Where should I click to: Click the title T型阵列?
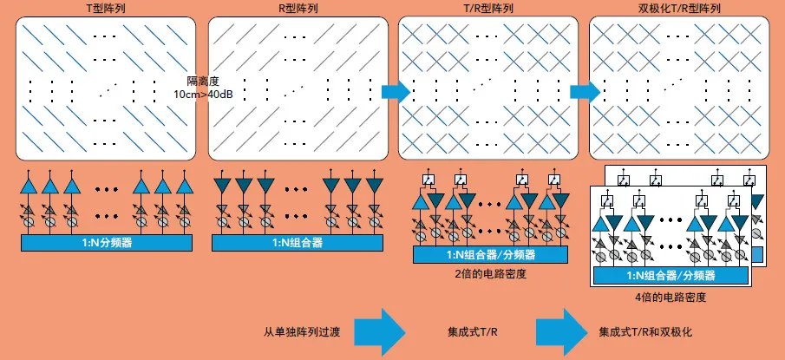(x=103, y=8)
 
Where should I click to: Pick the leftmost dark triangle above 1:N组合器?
(x=221, y=186)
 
